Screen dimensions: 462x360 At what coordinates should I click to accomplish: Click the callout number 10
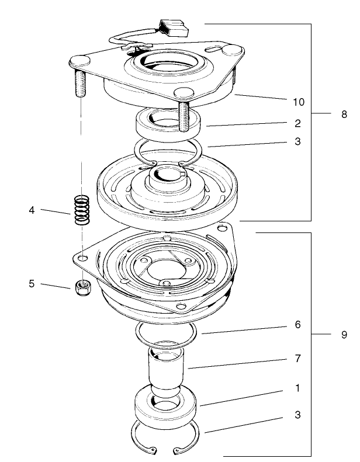click(298, 102)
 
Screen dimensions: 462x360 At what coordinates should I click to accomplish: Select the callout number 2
click(298, 123)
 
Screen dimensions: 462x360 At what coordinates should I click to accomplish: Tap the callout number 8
click(344, 114)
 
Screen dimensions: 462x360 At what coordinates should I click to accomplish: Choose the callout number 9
click(344, 335)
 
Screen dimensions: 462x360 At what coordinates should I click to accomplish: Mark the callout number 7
click(298, 358)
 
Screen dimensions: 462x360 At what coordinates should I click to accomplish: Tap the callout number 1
click(298, 388)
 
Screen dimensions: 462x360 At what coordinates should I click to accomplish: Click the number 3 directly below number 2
click(298, 141)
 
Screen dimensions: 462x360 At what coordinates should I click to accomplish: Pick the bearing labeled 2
click(168, 124)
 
